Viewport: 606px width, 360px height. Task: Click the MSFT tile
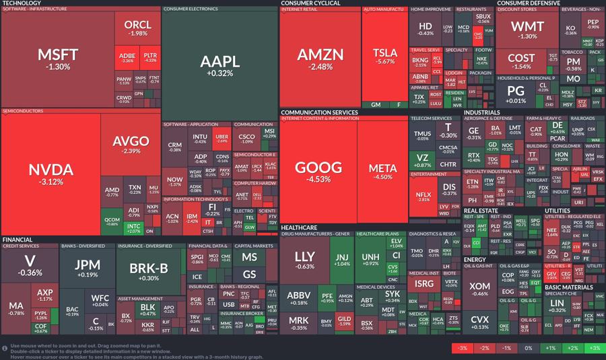tap(58, 59)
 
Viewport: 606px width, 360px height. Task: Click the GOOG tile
tap(318, 172)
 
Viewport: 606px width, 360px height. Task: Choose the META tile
tap(382, 172)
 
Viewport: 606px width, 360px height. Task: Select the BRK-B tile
tap(148, 271)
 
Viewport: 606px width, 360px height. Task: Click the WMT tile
tap(528, 30)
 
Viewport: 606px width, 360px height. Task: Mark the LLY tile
tap(304, 260)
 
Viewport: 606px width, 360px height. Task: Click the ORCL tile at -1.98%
tap(138, 28)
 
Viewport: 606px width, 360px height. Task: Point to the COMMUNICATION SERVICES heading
tap(319, 112)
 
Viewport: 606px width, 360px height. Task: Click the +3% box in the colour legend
tap(593, 348)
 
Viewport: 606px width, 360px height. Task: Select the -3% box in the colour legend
tap(461, 348)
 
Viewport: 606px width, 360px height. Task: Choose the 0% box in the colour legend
tap(527, 348)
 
